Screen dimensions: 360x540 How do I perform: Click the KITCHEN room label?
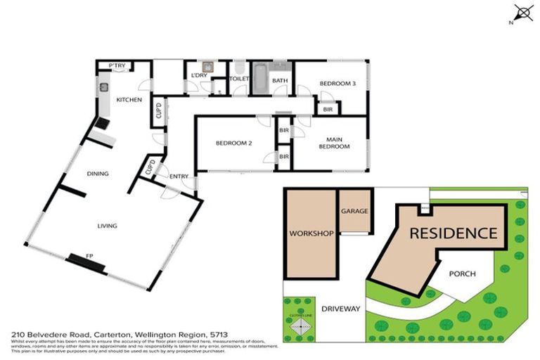pyautogui.click(x=129, y=101)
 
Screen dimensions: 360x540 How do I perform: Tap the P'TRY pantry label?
pyautogui.click(x=116, y=66)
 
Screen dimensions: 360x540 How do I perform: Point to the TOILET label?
pyautogui.click(x=239, y=80)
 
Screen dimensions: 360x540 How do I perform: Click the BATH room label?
pyautogui.click(x=280, y=81)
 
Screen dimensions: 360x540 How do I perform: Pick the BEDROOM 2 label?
pyautogui.click(x=233, y=143)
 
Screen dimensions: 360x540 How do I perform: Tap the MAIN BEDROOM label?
pyautogui.click(x=335, y=143)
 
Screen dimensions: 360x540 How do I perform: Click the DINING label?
pyautogui.click(x=97, y=174)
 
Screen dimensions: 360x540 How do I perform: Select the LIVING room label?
pyautogui.click(x=107, y=226)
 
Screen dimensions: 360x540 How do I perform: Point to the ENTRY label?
pyautogui.click(x=179, y=176)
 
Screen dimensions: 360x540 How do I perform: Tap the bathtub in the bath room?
pyautogui.click(x=259, y=78)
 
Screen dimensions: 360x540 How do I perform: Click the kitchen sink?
pyautogui.click(x=103, y=87)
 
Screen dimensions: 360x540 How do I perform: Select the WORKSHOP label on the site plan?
pyautogui.click(x=310, y=233)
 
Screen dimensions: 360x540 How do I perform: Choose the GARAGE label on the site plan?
pyautogui.click(x=354, y=211)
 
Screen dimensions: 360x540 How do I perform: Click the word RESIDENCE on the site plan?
pyautogui.click(x=453, y=233)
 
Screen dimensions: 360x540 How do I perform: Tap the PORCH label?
pyautogui.click(x=462, y=274)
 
